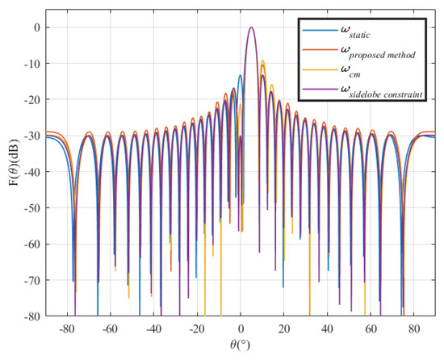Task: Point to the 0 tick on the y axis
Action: tap(36, 27)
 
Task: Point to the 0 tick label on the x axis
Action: tap(241, 329)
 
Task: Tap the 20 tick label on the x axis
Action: tap(284, 329)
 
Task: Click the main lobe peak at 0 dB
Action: tap(252, 27)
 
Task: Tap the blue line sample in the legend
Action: tap(314, 31)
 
